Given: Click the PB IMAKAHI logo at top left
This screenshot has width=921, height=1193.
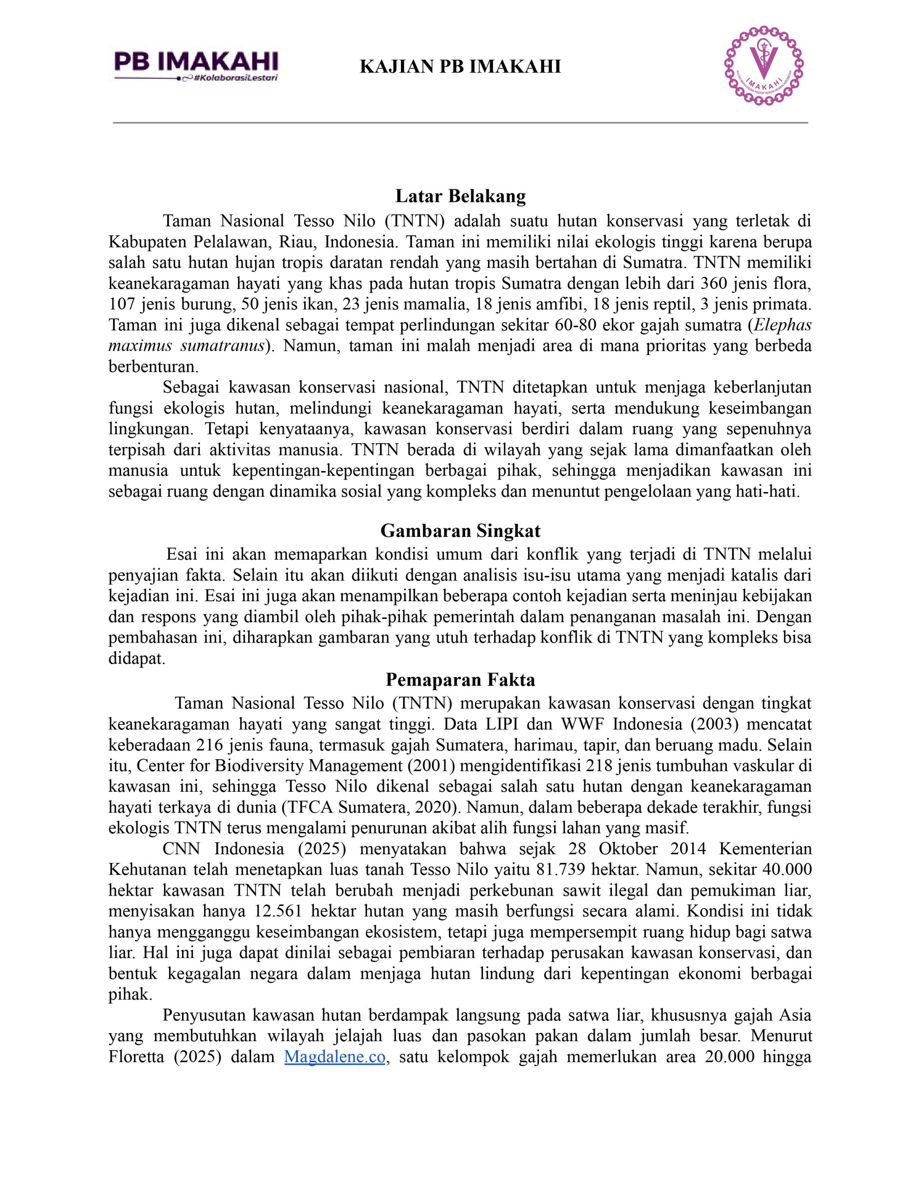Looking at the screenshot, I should [196, 65].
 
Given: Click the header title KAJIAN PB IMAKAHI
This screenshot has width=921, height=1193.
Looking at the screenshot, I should [460, 67].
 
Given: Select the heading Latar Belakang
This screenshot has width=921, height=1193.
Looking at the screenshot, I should [460, 196].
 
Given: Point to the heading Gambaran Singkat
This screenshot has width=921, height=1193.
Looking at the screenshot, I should [460, 530].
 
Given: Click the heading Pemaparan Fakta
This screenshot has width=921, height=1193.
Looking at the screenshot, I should [460, 679].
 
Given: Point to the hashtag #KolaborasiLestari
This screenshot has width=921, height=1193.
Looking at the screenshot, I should [237, 78].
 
